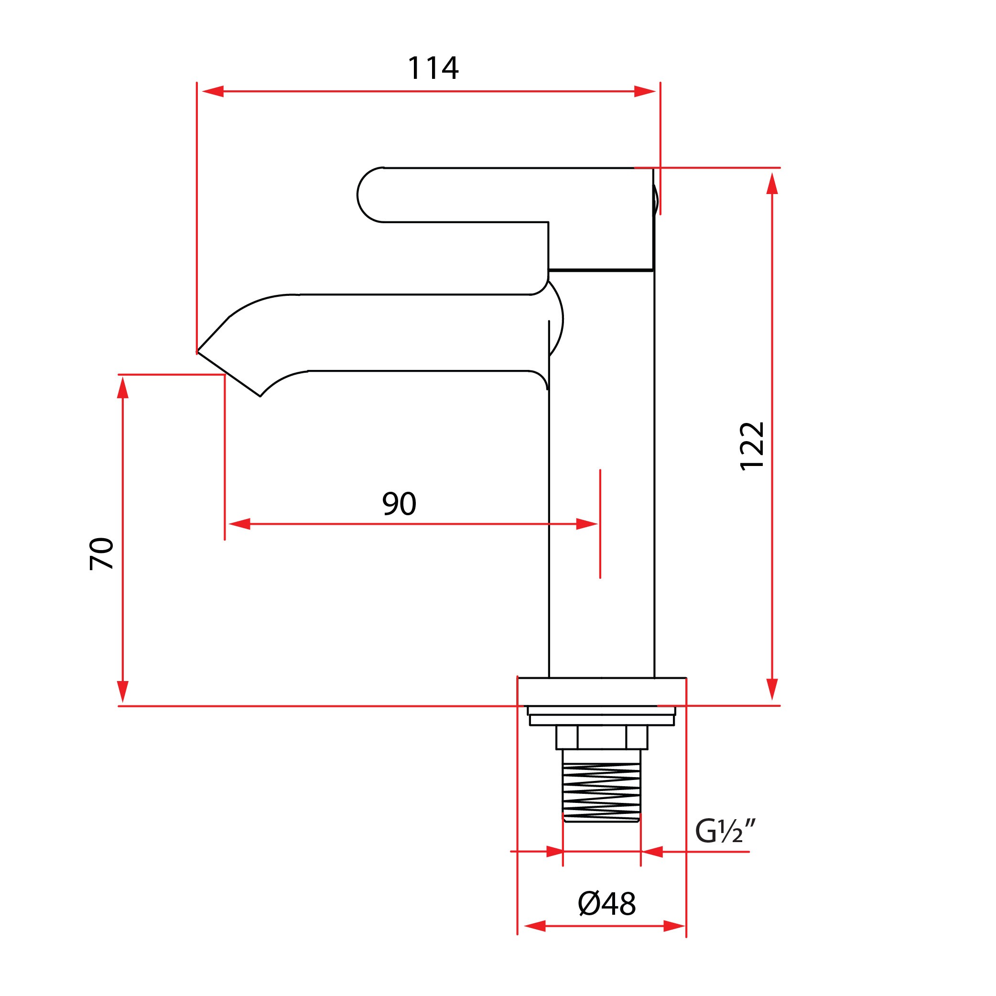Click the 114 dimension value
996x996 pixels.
tap(433, 68)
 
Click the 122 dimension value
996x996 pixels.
tap(752, 446)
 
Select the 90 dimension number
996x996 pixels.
tap(399, 504)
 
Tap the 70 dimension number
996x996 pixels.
tap(101, 553)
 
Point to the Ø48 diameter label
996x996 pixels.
tap(607, 903)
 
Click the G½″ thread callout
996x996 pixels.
tap(725, 831)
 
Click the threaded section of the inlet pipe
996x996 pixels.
tap(601, 794)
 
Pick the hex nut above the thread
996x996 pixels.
tap(601, 737)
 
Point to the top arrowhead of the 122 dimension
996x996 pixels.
tap(772, 184)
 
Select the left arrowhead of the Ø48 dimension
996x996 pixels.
tap(535, 926)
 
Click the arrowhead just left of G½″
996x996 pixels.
tap(653, 852)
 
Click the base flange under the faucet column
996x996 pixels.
tap(602, 692)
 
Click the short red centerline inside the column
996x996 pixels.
tap(600, 523)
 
